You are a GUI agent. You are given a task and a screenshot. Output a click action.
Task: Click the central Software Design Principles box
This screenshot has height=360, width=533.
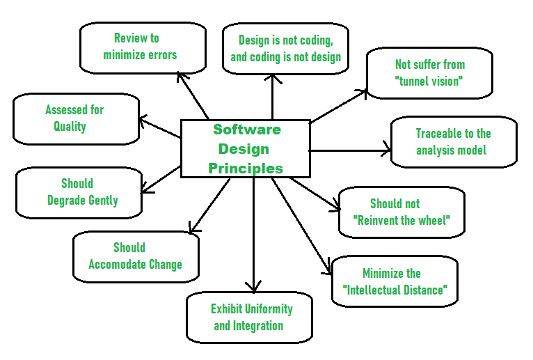click(246, 148)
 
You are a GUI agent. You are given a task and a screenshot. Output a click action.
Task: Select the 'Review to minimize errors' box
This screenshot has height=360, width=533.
click(143, 47)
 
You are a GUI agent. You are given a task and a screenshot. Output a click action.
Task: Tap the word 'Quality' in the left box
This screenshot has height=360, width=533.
click(70, 127)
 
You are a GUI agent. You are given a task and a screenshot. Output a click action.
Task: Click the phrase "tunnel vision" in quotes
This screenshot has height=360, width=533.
click(429, 81)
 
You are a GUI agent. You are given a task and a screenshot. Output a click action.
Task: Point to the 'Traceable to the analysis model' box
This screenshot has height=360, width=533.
click(454, 142)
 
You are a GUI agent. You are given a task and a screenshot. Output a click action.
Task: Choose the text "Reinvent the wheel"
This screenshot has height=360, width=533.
click(402, 221)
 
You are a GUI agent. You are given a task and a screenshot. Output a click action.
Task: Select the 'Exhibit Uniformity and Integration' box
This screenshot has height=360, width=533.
click(249, 318)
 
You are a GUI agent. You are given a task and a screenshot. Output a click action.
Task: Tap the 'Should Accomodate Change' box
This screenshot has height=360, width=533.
click(136, 256)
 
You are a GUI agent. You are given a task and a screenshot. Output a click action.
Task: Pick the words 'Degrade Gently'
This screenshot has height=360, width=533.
click(83, 201)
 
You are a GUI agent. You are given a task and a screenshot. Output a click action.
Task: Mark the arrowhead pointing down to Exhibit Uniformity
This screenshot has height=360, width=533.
click(253, 285)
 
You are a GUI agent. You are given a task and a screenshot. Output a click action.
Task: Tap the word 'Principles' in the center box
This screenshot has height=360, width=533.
click(246, 168)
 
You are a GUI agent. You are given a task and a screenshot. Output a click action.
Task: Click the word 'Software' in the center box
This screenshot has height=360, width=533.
click(246, 130)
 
